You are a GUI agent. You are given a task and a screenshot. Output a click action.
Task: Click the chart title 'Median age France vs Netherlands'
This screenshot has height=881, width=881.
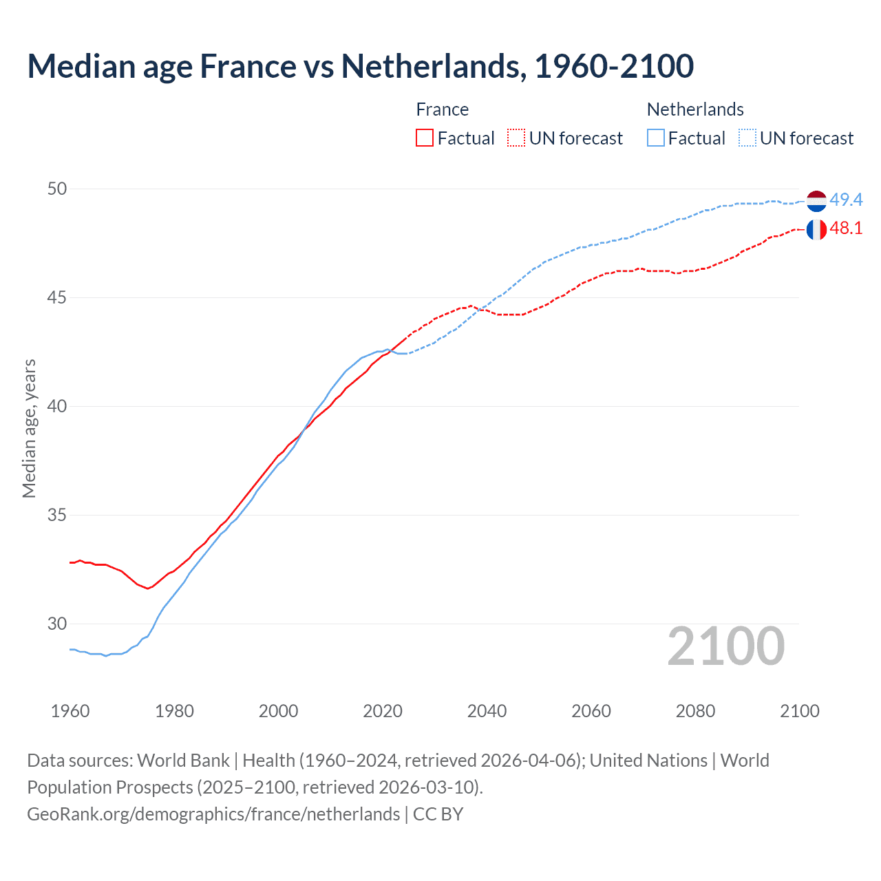click(360, 66)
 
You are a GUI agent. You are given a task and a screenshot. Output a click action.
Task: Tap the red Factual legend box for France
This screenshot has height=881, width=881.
click(425, 138)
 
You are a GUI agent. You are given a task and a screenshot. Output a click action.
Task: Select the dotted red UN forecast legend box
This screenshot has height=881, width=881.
click(516, 138)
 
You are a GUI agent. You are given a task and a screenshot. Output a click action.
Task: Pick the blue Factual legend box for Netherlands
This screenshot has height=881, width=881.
click(656, 138)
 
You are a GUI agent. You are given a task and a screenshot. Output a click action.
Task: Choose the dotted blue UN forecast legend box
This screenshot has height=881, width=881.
click(747, 138)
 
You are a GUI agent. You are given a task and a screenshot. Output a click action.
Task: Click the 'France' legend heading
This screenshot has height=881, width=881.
click(442, 109)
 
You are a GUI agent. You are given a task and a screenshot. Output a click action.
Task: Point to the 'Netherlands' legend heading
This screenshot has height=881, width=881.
click(695, 109)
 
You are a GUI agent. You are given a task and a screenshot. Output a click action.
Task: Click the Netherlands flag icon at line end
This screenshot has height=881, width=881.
click(816, 201)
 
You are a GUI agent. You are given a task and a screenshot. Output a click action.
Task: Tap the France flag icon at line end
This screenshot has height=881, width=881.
click(816, 229)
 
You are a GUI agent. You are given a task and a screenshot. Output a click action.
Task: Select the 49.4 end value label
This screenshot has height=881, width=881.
click(846, 200)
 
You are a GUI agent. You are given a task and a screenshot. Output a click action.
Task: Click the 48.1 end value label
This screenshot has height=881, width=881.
click(846, 229)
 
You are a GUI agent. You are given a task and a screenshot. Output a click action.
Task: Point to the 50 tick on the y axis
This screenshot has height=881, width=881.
click(57, 189)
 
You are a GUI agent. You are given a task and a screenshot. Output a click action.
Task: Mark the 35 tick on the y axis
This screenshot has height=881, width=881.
click(57, 515)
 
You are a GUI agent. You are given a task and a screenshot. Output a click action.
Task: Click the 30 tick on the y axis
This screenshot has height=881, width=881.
click(57, 624)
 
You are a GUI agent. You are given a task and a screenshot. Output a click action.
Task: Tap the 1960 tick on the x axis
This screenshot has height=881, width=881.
click(70, 711)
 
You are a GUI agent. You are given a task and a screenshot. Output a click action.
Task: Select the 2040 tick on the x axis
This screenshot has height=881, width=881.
click(487, 711)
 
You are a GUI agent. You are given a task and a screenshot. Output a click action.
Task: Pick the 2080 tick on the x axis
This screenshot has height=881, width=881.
click(695, 711)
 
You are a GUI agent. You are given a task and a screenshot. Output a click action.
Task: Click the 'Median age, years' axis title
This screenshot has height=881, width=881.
click(29, 428)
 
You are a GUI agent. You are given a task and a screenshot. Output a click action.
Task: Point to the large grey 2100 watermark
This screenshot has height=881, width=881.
click(725, 646)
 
